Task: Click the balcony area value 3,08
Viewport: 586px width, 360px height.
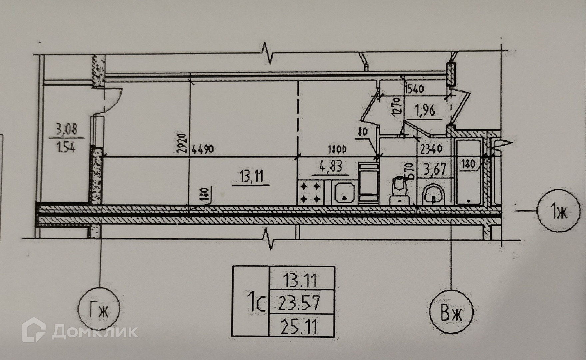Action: (66, 129)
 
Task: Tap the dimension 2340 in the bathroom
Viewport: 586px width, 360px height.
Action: (431, 149)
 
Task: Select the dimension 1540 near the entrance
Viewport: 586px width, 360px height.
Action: (414, 89)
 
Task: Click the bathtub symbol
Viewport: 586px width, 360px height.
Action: (468, 172)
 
